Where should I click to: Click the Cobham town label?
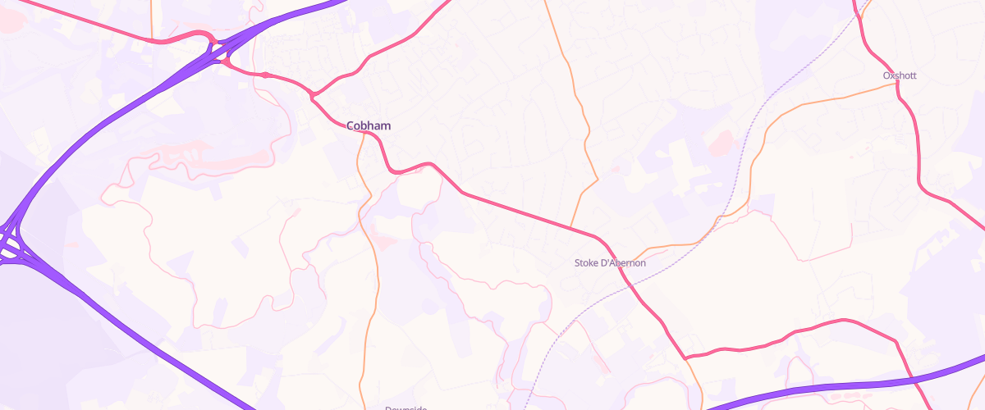point(369,125)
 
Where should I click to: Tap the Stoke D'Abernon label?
point(609,263)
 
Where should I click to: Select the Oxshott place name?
point(900,75)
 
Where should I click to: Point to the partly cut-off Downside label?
point(407,407)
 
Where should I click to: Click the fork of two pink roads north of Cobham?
point(313,98)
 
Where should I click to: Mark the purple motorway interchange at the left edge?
point(10,243)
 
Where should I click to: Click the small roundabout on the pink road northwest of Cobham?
point(265,75)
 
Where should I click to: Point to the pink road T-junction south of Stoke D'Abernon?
point(685,358)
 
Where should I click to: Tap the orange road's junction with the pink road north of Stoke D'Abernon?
point(570,227)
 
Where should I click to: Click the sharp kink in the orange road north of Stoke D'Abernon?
point(597,178)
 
